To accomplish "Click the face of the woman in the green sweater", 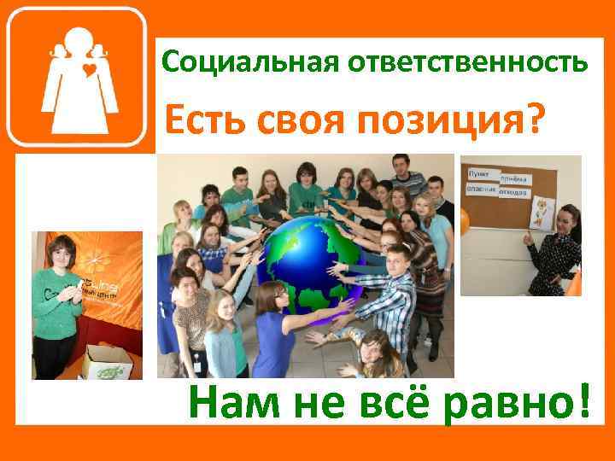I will [x=62, y=254].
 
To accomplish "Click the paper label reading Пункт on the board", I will [x=480, y=172].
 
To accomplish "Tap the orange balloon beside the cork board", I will [x=465, y=223].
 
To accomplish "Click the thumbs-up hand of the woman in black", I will [x=529, y=238].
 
